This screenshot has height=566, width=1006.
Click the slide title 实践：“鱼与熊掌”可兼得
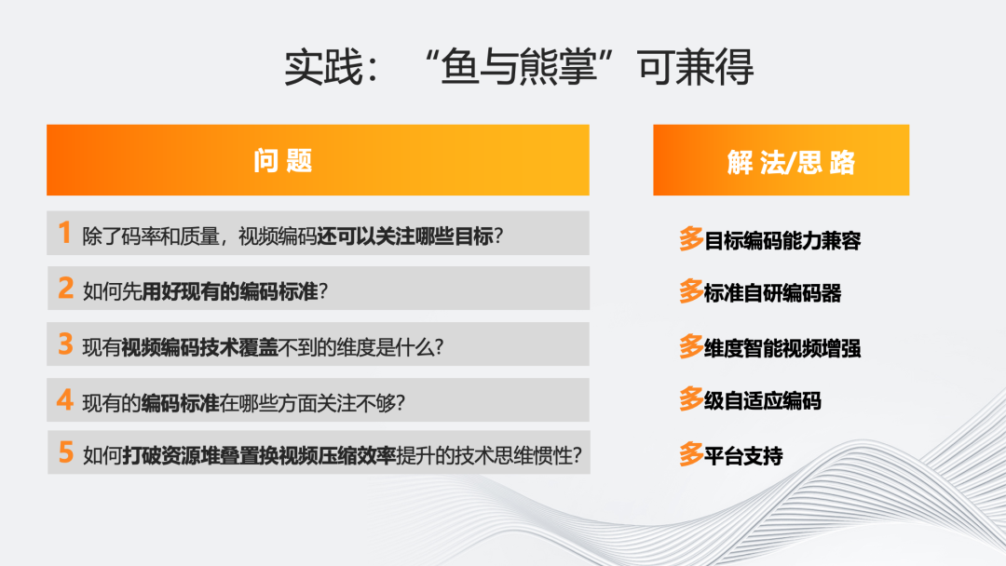tap(519, 68)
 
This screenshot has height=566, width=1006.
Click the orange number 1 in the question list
tap(64, 233)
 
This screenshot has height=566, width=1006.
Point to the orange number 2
tap(65, 289)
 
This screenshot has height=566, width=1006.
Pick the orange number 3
tap(65, 344)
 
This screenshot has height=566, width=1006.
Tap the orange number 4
tap(65, 400)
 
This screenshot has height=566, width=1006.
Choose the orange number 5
tap(65, 453)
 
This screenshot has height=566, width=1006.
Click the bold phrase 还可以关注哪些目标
tap(404, 235)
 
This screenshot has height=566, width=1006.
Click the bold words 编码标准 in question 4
tap(180, 402)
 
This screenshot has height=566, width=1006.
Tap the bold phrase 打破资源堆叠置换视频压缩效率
tap(259, 456)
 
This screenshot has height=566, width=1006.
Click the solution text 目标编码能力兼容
tap(782, 241)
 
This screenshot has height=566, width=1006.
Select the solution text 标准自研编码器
tap(773, 294)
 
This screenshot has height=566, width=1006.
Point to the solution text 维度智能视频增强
tap(782, 349)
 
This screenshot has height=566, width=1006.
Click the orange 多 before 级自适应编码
tap(691, 400)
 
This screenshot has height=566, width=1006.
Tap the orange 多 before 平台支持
tap(691, 455)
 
